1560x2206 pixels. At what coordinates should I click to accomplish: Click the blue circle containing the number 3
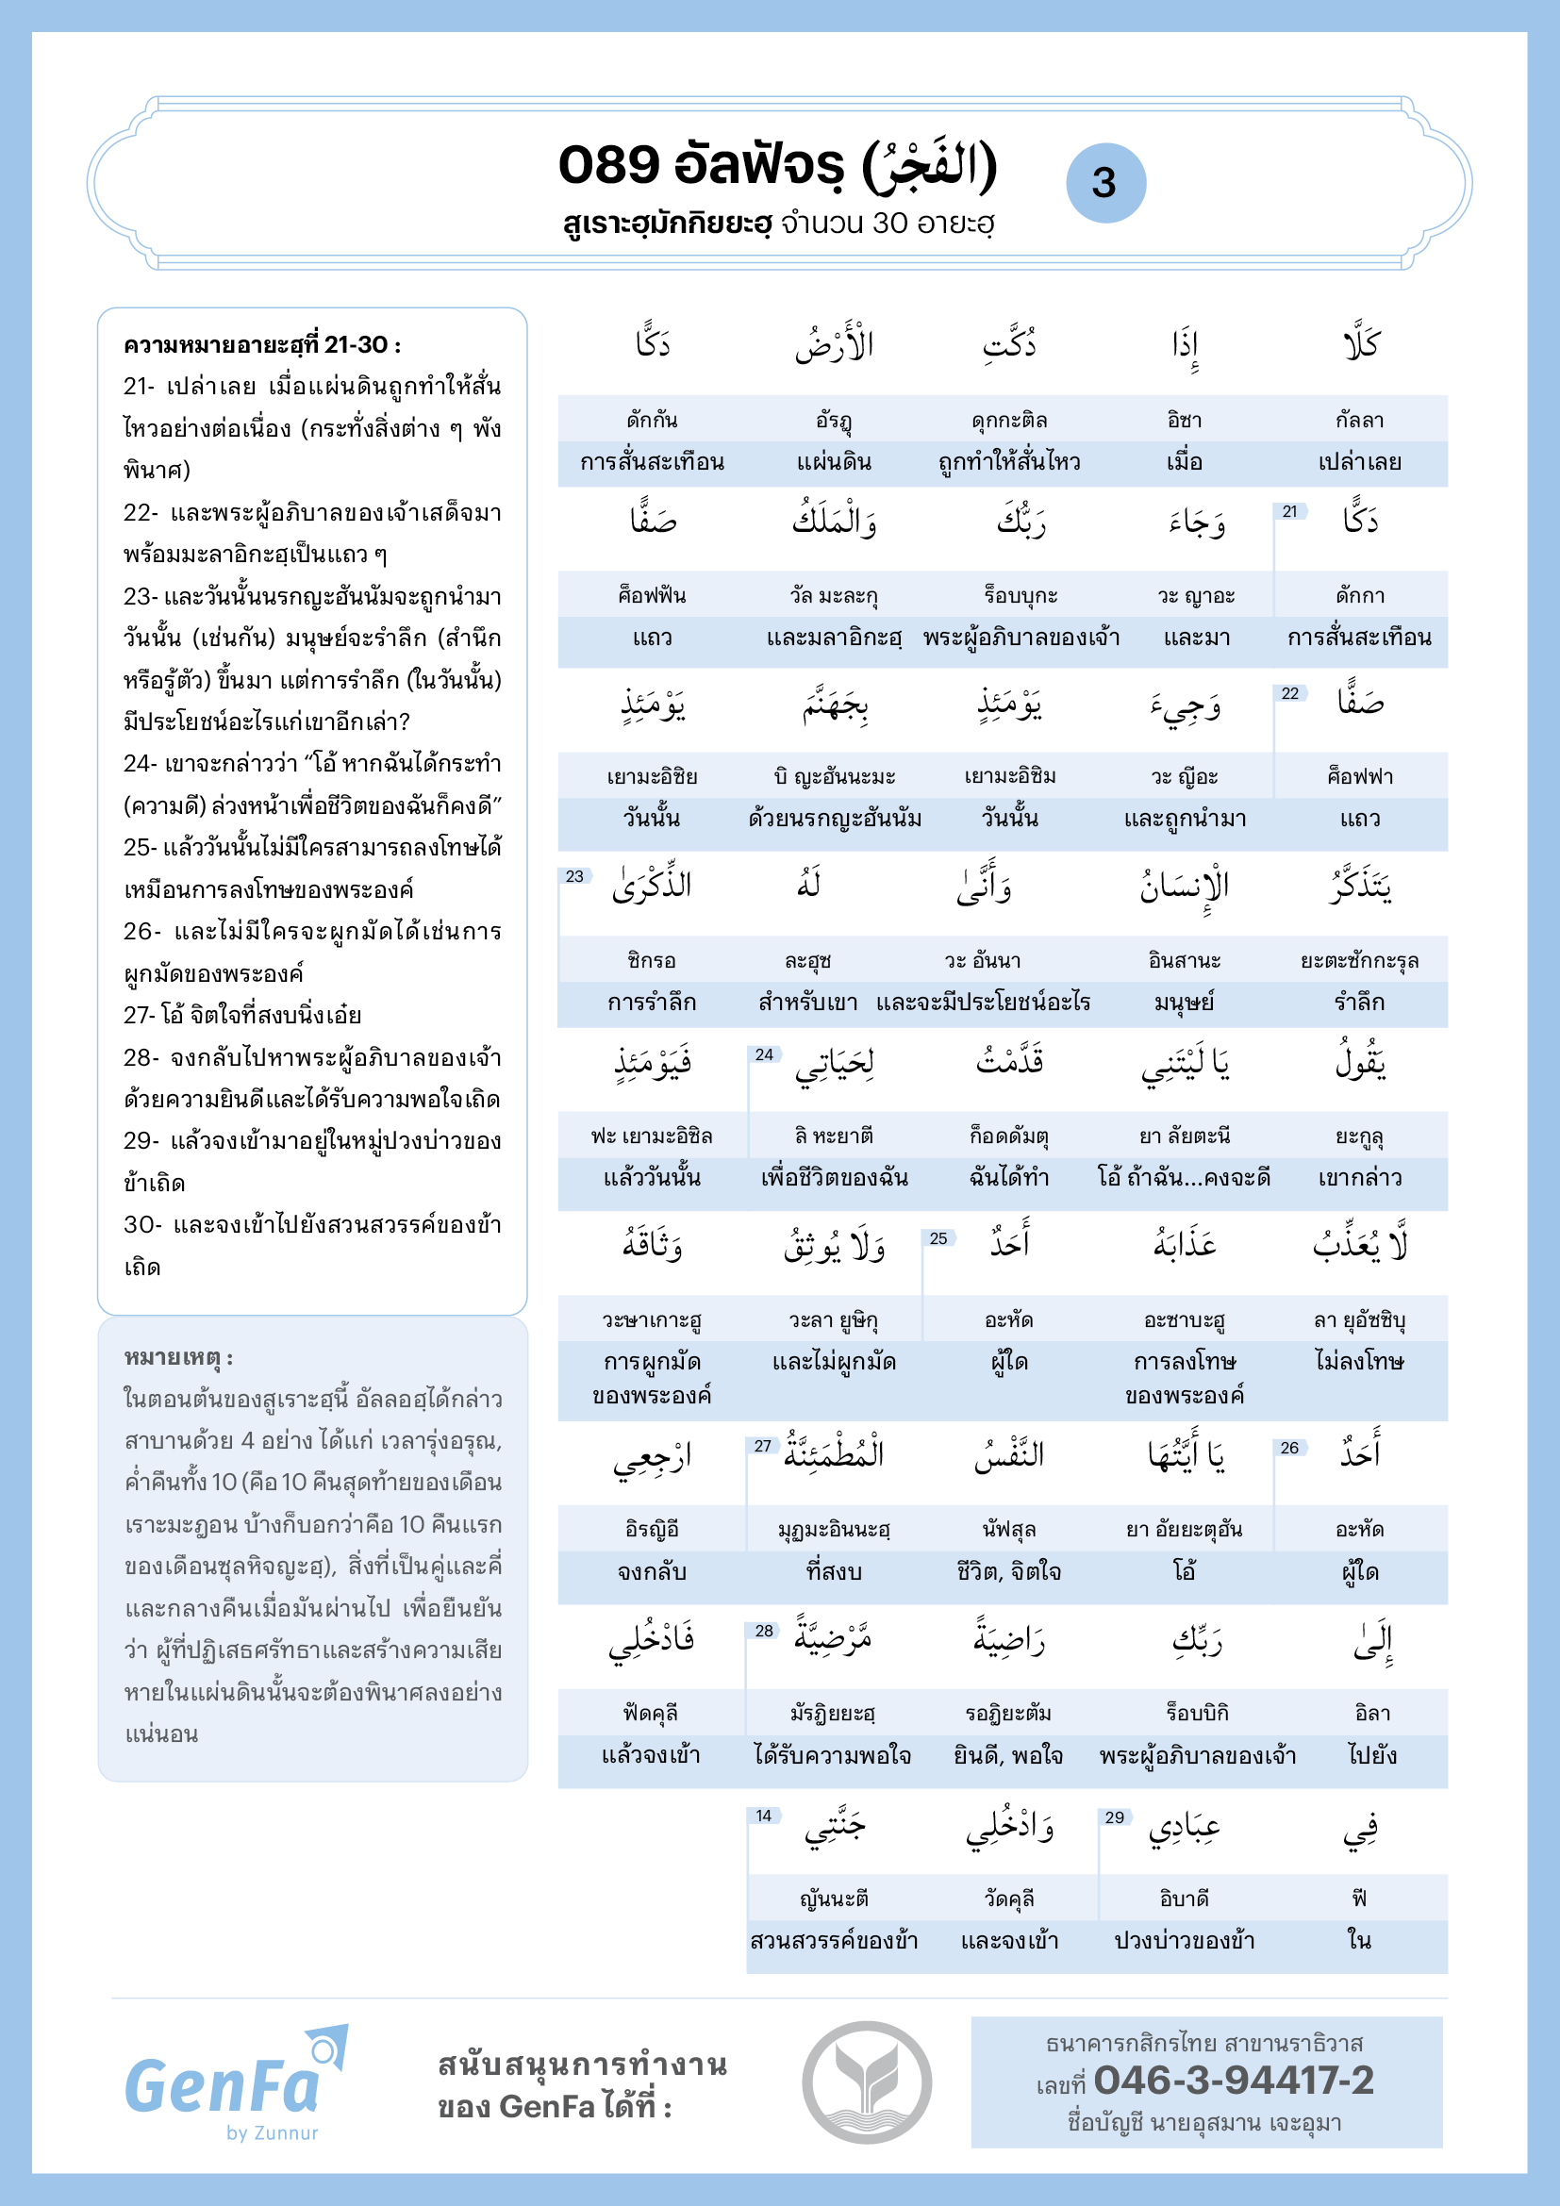[1105, 183]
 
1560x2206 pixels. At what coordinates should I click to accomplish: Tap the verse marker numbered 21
[1289, 512]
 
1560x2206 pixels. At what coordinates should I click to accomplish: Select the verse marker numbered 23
[574, 876]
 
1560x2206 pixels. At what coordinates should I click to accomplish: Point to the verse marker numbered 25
[938, 1238]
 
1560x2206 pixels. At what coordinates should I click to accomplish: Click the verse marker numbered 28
[764, 1631]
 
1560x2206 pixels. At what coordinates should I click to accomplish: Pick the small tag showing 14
[764, 1815]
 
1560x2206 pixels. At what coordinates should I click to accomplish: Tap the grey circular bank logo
[867, 2082]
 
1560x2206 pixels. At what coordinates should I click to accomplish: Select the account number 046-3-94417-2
[1234, 2081]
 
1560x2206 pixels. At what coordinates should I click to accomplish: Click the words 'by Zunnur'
[272, 2133]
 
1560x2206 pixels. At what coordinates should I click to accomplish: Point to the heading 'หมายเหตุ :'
[178, 1356]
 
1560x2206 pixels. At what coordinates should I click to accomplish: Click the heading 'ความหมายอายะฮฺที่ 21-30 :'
[262, 345]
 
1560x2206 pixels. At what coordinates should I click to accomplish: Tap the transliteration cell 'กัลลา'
[1359, 420]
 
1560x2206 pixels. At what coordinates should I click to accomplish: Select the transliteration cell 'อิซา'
[1184, 420]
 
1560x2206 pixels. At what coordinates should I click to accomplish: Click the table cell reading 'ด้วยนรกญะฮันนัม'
[834, 819]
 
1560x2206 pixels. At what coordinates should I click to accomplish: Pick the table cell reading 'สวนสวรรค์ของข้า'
[834, 1940]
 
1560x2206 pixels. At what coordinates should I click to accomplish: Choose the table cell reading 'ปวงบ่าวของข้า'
[1184, 1940]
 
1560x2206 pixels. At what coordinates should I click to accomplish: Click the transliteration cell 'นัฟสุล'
[1008, 1529]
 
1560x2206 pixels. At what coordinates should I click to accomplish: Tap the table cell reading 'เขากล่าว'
[1359, 1177]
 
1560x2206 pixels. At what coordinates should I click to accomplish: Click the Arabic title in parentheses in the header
[930, 165]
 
